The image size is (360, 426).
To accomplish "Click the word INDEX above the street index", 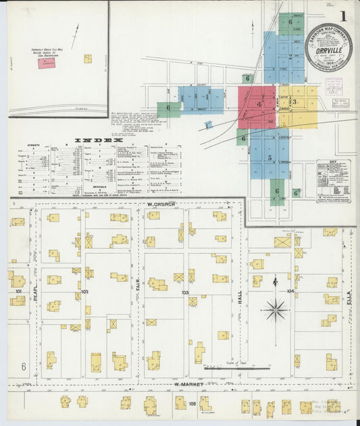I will (97, 140).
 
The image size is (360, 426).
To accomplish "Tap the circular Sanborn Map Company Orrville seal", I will (328, 47).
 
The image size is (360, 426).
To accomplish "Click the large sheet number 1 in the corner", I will (344, 16).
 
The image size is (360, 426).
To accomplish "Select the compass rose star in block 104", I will (276, 310).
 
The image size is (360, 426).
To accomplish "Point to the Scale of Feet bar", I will (236, 369).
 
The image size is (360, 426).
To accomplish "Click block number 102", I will (84, 292).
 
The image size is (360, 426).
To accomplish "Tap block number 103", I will (185, 292).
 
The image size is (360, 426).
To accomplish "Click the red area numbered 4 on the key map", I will (258, 105).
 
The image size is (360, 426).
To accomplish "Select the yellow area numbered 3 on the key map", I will (296, 103).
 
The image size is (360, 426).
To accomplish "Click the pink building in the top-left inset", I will (47, 63).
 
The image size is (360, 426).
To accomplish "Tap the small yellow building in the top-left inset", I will (88, 59).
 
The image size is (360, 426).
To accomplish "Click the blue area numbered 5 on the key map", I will (269, 158).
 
